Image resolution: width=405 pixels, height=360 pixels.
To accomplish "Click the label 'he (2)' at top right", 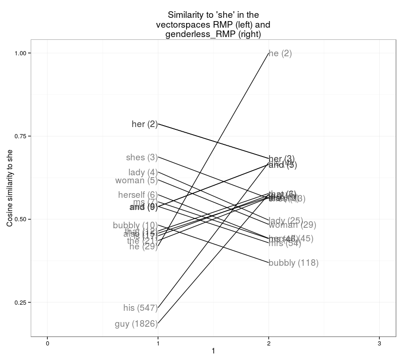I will (x=280, y=53).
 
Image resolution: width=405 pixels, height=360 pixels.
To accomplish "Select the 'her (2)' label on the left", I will (x=145, y=124).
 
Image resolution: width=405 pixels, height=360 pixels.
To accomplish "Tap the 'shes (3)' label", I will (x=142, y=157).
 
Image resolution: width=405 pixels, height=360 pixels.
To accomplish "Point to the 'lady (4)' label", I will (x=143, y=172).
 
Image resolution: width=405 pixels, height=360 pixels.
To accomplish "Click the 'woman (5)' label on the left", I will (x=136, y=180).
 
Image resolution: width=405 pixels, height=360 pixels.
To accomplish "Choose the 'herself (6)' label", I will (x=138, y=195).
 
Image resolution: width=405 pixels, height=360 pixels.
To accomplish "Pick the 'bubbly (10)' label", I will (x=135, y=225).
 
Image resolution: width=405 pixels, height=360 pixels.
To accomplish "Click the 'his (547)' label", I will (x=140, y=308).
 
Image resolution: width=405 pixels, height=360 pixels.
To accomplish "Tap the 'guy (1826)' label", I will (x=136, y=324).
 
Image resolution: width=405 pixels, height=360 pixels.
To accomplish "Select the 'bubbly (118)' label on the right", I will (x=293, y=263).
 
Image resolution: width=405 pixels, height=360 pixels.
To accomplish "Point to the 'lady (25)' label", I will (x=286, y=221).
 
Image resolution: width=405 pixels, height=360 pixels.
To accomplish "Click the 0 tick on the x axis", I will (x=47, y=344).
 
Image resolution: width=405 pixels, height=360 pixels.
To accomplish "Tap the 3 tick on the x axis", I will (x=379, y=344).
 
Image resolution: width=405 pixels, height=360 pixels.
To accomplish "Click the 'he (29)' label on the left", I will (x=143, y=247).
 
